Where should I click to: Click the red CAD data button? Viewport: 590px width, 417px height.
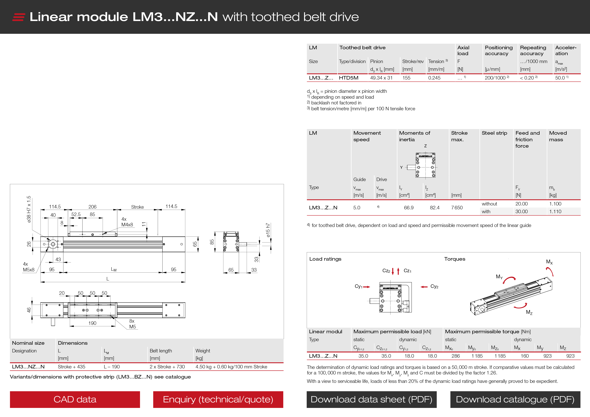pos(75,399)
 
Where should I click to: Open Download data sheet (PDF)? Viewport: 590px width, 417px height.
pos(371,399)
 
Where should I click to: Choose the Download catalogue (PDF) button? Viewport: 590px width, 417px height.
pos(515,399)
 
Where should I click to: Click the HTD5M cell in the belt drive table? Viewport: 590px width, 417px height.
pos(348,78)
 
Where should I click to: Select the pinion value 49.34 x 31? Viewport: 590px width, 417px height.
pos(381,78)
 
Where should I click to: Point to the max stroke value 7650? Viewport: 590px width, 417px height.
pos(457,208)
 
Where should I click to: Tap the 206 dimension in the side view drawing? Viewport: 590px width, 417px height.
pos(93,207)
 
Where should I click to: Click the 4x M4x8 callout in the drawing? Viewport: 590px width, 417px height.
pos(127,222)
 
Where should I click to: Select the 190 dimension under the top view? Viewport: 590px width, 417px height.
pos(92,323)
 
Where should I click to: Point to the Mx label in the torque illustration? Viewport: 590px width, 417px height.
pos(549,262)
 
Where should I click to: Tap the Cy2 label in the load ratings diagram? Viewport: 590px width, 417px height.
pos(434,287)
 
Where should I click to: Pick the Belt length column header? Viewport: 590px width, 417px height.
pos(161,351)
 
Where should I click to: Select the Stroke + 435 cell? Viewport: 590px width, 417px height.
pos(71,367)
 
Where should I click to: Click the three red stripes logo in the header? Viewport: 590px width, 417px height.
pos(19,17)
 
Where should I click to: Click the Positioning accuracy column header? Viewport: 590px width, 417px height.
pos(499,51)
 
